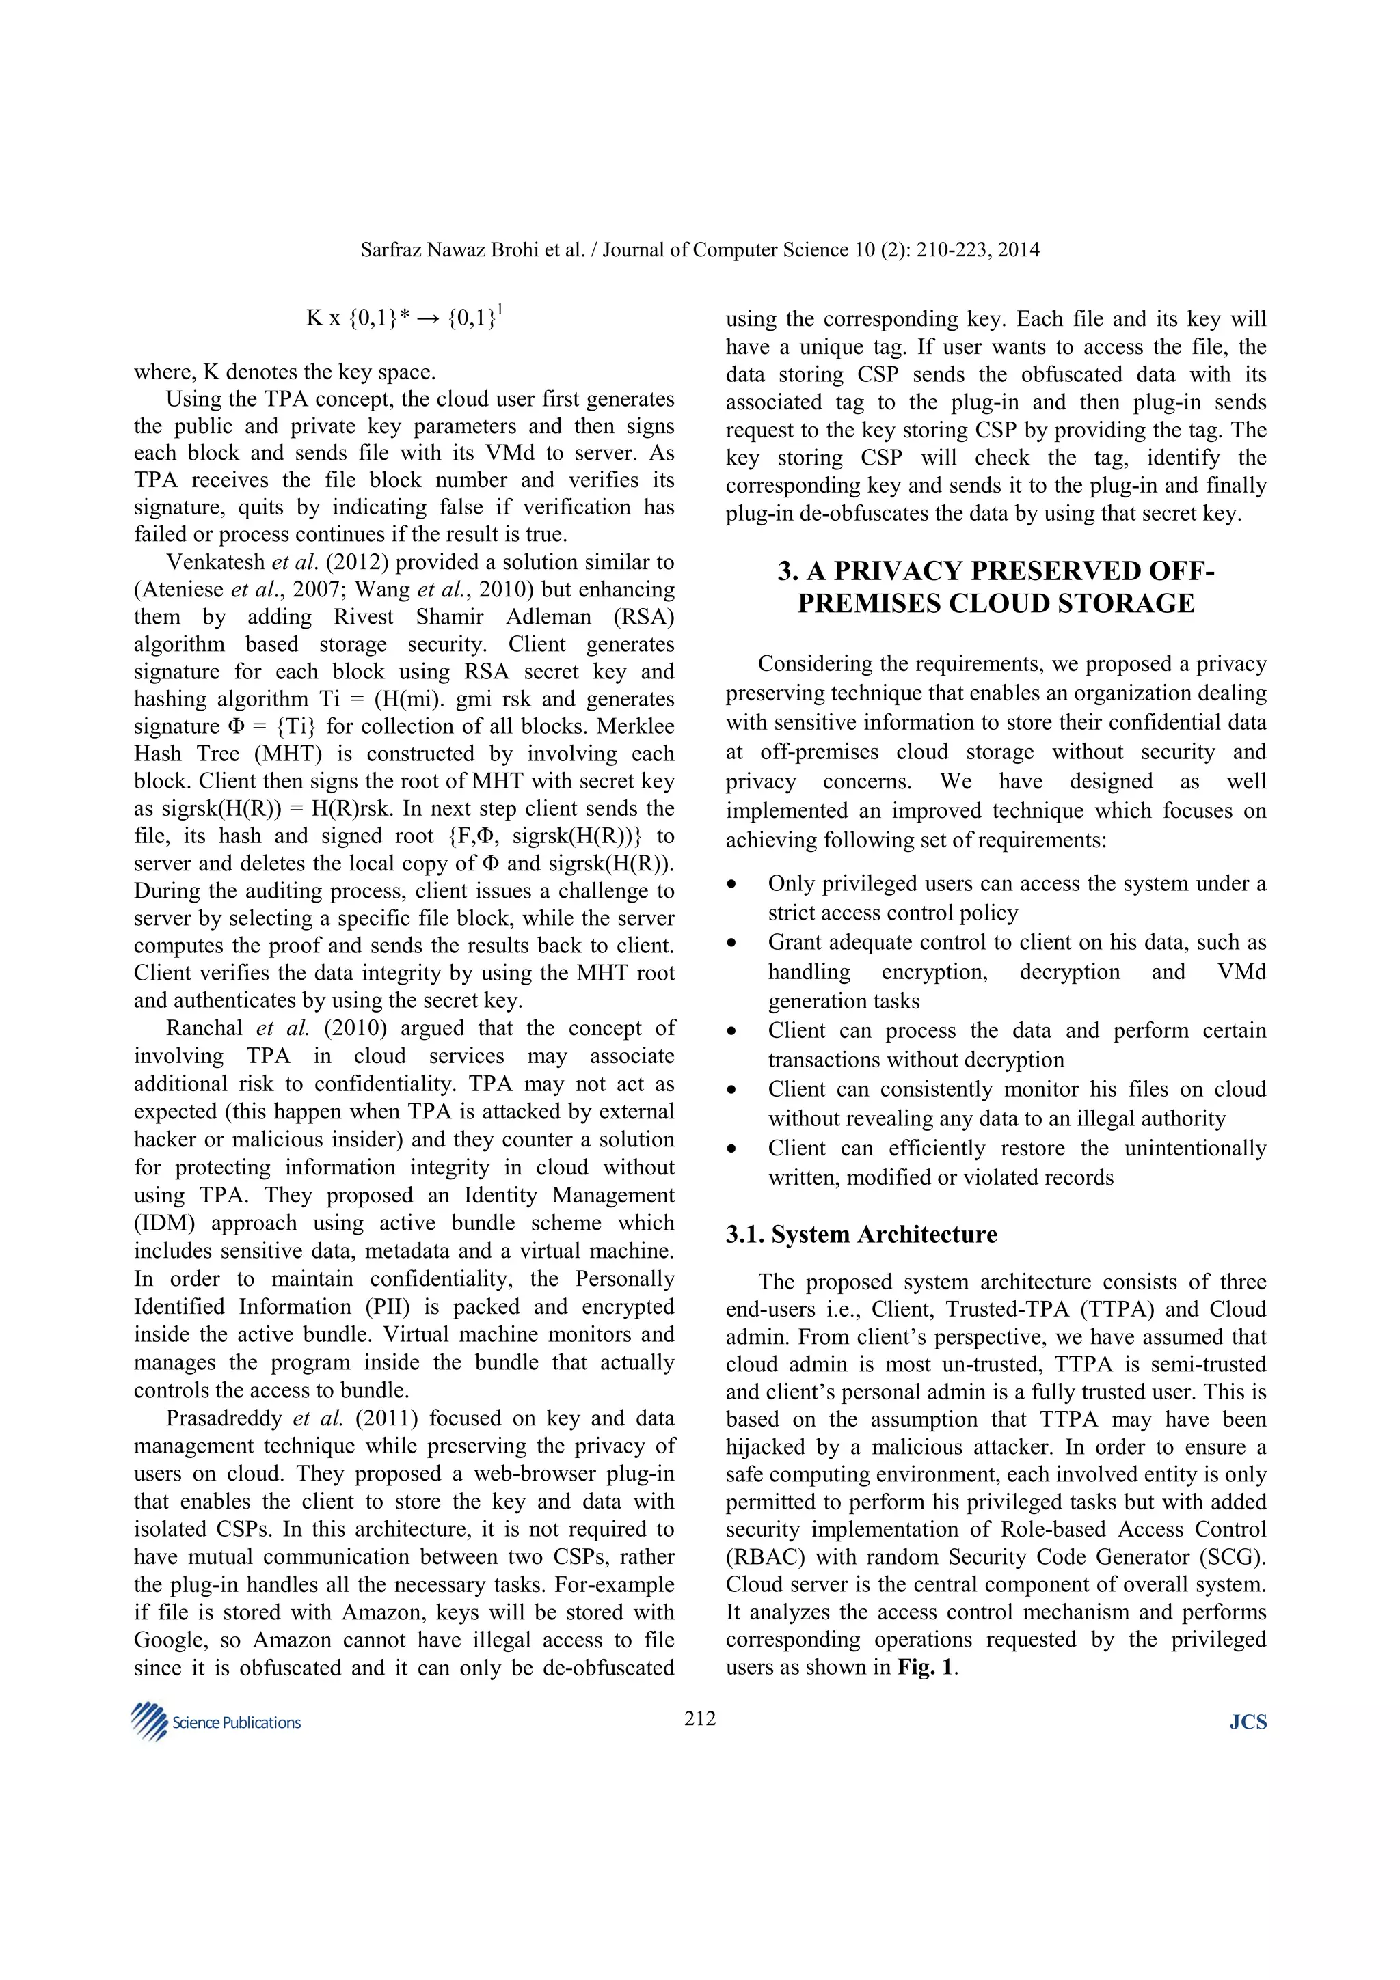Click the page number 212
(x=699, y=1719)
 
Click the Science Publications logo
(x=215, y=1722)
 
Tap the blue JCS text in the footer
(x=1248, y=1722)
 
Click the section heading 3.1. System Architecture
(x=861, y=1234)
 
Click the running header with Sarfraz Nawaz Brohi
(x=699, y=250)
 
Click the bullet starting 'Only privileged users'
(x=1016, y=898)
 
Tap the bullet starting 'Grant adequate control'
(x=1016, y=971)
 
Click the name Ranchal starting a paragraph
(x=204, y=1028)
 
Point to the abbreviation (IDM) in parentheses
(x=167, y=1223)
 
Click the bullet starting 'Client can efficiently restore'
(x=1016, y=1162)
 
